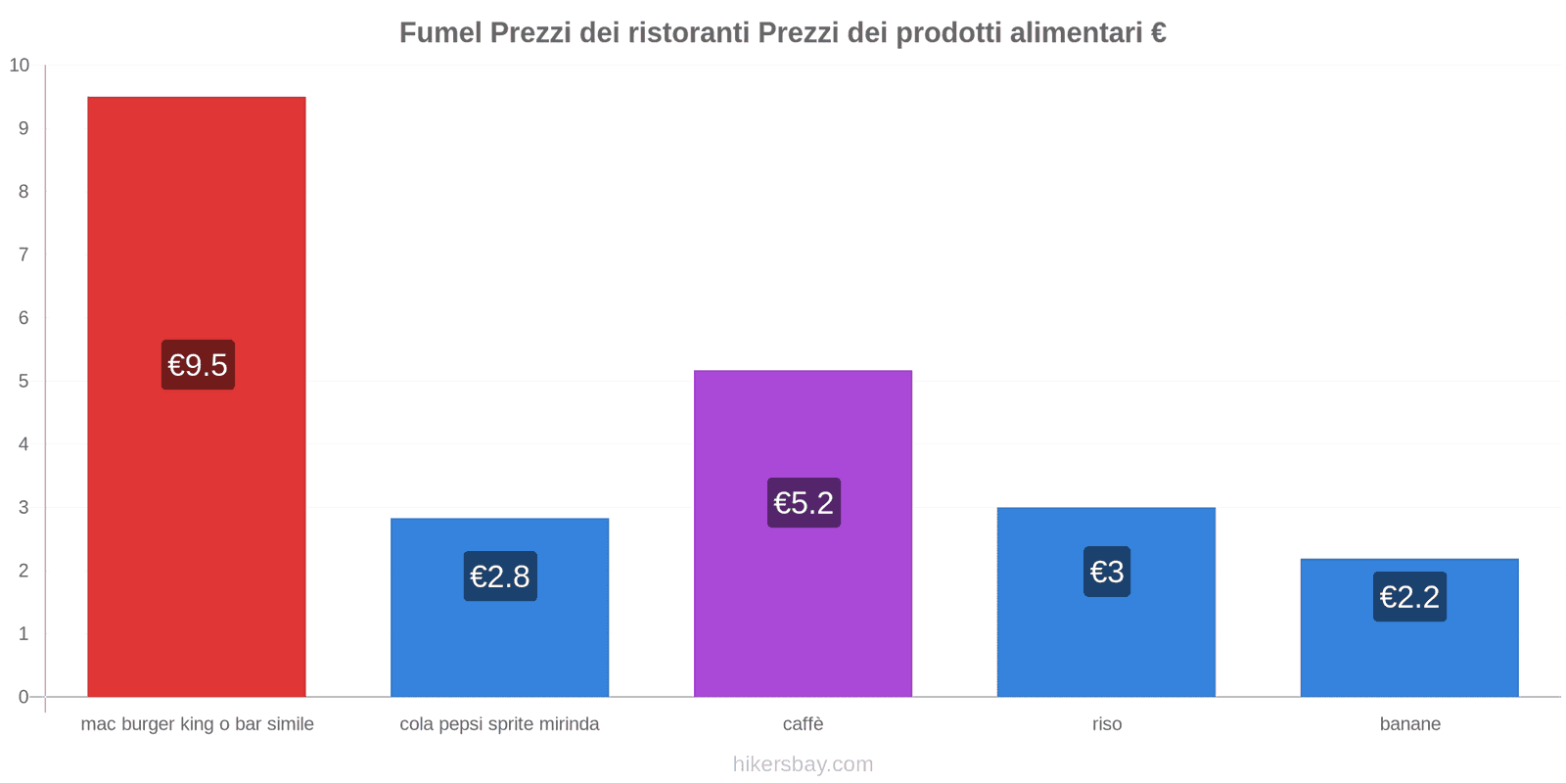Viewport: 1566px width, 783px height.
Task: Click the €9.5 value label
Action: click(x=198, y=365)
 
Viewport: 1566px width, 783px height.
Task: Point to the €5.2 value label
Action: click(x=804, y=503)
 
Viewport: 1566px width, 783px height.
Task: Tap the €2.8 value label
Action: click(x=500, y=576)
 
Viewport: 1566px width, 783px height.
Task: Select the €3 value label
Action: click(x=1107, y=572)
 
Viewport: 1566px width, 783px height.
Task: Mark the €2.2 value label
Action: click(x=1409, y=597)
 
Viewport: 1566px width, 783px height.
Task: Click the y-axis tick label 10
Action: click(x=20, y=66)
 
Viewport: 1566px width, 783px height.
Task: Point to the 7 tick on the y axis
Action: click(x=23, y=255)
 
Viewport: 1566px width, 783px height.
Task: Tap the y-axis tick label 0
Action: click(x=23, y=697)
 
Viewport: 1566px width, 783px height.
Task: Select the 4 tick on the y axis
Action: click(x=23, y=444)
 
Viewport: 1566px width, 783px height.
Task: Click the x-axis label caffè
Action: click(x=803, y=724)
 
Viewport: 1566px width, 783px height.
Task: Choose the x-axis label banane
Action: click(x=1409, y=724)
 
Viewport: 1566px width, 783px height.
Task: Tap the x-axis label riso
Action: click(x=1107, y=724)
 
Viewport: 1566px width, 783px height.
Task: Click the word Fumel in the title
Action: click(x=440, y=33)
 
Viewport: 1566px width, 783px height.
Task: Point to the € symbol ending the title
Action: click(x=1158, y=33)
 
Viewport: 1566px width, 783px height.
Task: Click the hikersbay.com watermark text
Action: click(x=803, y=764)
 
